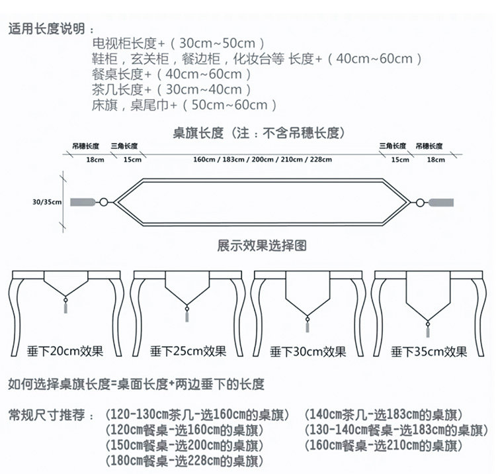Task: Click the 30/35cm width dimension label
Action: pos(46,201)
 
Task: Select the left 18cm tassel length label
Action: pos(95,160)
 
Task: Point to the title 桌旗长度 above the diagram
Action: pos(254,133)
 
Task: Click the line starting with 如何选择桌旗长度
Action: pos(136,384)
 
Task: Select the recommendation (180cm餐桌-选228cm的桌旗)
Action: pos(185,461)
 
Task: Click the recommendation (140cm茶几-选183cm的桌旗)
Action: pos(383,416)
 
